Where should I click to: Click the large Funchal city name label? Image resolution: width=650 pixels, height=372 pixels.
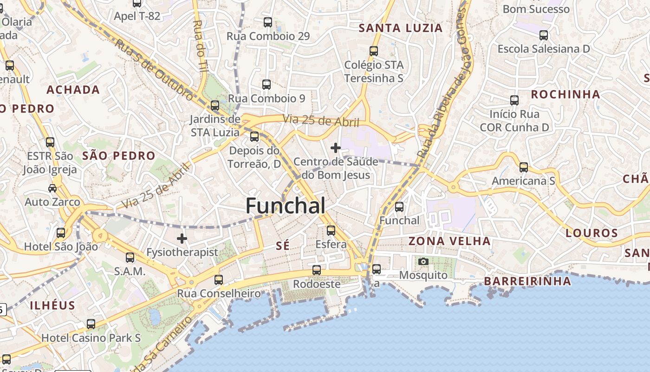tap(285, 206)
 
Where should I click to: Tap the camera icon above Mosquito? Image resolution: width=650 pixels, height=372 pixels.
tap(423, 262)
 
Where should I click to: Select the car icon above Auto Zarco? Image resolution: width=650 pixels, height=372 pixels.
tap(52, 188)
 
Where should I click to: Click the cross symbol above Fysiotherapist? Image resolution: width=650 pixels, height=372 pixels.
tap(182, 239)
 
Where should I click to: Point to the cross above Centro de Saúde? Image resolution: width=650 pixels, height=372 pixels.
tap(335, 148)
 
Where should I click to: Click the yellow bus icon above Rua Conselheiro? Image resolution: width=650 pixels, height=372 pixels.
tap(219, 280)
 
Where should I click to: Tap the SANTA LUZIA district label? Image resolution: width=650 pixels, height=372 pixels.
tap(401, 28)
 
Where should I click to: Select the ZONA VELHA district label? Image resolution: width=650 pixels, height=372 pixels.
tap(449, 241)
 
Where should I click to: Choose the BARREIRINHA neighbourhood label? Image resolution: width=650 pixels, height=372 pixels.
tap(527, 281)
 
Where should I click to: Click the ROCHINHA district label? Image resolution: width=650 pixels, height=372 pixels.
tap(565, 94)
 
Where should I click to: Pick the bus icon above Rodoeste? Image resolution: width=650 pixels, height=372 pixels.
tap(317, 270)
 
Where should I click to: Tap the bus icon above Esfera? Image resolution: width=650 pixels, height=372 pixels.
tap(331, 231)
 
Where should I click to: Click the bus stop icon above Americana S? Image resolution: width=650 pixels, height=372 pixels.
tap(524, 167)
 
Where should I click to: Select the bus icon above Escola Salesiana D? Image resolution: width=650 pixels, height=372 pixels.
tap(544, 35)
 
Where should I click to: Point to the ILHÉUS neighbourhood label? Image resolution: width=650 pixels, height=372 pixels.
tap(52, 306)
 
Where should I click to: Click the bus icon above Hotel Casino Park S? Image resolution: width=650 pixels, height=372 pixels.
tap(91, 324)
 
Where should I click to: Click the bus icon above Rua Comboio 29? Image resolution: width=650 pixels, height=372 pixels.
tap(268, 22)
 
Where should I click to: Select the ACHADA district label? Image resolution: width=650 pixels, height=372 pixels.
tap(73, 90)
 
